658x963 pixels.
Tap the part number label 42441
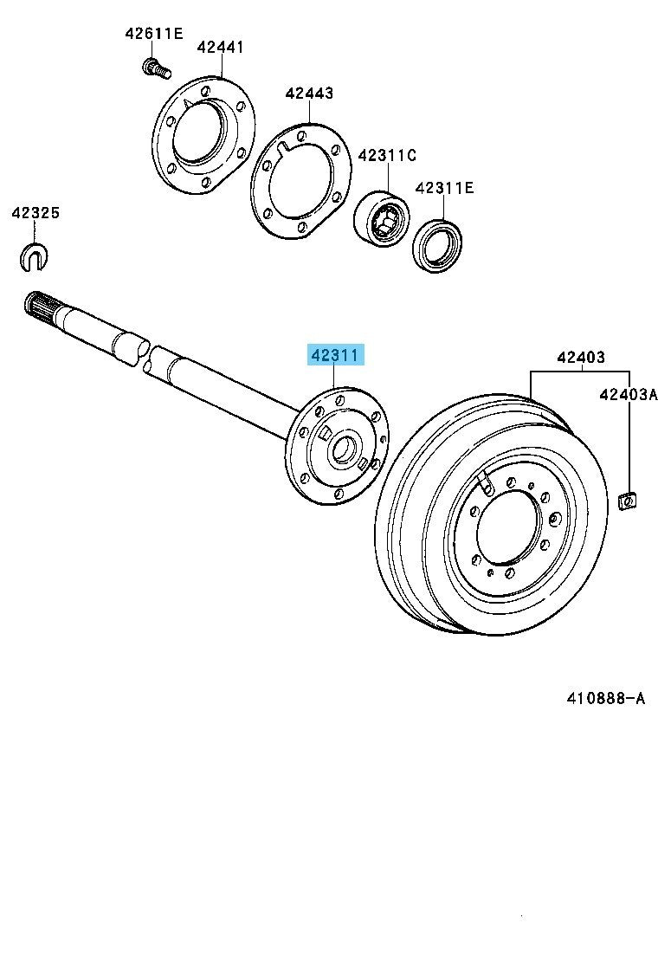(220, 47)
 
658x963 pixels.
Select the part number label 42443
(309, 93)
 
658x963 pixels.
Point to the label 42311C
(387, 155)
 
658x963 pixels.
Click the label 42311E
(444, 188)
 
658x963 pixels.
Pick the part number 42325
(35, 212)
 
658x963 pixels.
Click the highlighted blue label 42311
(332, 355)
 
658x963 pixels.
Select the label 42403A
(627, 394)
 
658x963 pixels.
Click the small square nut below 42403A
(626, 500)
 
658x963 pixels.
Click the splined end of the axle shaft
(39, 307)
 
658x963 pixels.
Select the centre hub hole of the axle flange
(340, 449)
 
